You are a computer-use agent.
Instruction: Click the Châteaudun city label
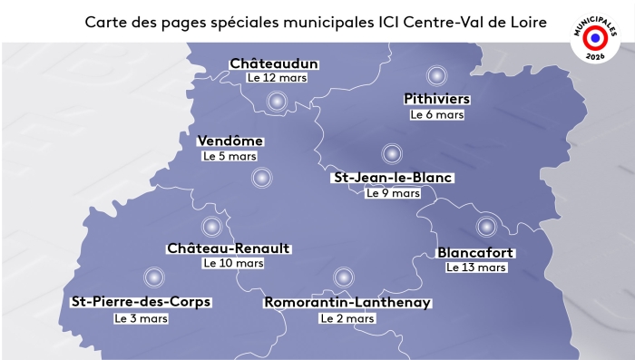tap(274, 63)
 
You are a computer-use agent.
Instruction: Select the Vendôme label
tap(230, 141)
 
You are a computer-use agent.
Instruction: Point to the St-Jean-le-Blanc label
tap(394, 178)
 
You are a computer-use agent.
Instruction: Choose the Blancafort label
tap(475, 252)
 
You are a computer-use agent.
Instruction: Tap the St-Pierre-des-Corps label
tap(141, 302)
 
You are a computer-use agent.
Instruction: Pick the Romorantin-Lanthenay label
tap(347, 303)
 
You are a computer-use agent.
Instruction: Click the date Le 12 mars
tap(277, 78)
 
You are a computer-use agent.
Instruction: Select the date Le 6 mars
tap(437, 114)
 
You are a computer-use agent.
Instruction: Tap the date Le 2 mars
tap(347, 318)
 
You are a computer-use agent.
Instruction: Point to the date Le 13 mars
tap(476, 268)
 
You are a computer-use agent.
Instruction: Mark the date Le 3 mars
tap(141, 318)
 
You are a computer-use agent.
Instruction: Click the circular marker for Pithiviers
tap(435, 76)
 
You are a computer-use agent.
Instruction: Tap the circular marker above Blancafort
tap(485, 226)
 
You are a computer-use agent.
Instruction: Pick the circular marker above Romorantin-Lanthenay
tap(343, 277)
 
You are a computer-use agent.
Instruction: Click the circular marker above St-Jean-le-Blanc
tap(391, 153)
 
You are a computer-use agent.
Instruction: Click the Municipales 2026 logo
tap(592, 38)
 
